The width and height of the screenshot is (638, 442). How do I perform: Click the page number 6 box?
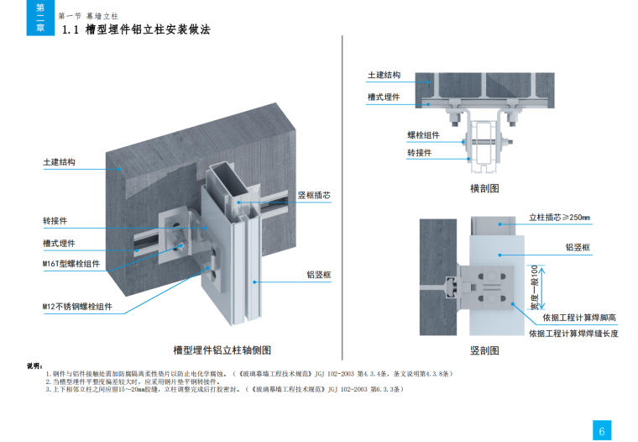(602, 430)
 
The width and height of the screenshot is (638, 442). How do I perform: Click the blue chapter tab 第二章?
(39, 18)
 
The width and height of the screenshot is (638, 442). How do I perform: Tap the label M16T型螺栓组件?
(71, 264)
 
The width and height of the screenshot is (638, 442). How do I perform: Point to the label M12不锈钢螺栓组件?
(77, 307)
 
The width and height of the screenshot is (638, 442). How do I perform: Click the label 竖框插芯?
(314, 196)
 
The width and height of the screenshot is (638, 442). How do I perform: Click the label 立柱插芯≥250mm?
(559, 218)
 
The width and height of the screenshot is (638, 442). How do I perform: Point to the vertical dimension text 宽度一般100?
(544, 288)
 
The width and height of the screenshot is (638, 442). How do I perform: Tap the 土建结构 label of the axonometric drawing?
(59, 162)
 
